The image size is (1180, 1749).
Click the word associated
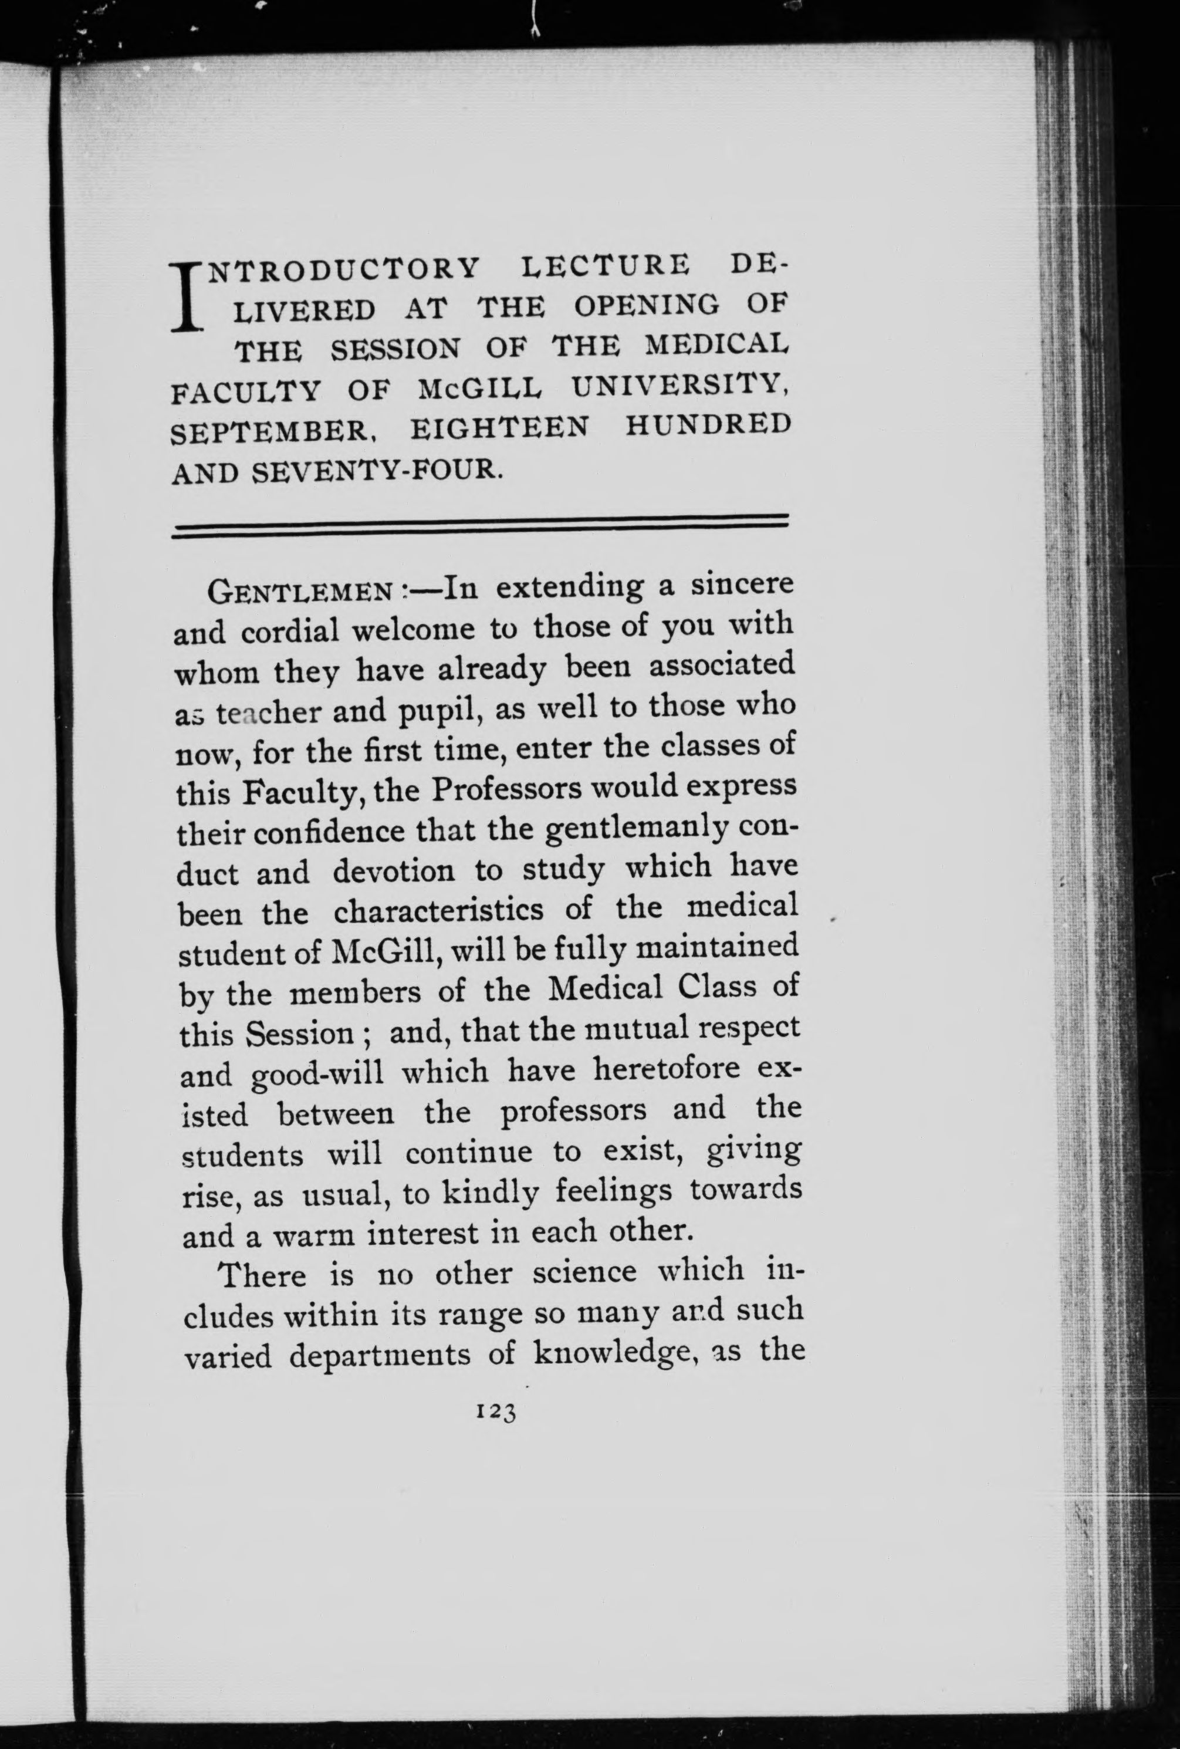722,664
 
